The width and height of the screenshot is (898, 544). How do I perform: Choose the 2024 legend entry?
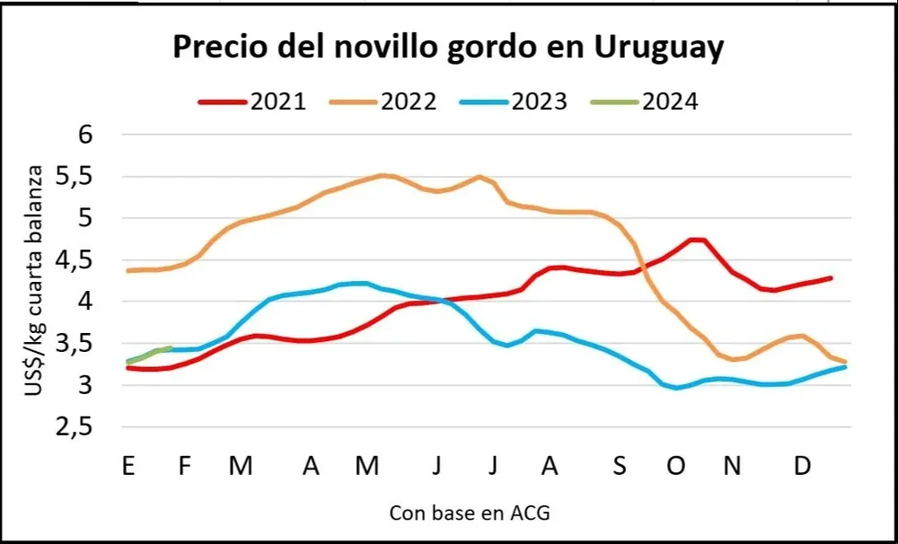tap(645, 101)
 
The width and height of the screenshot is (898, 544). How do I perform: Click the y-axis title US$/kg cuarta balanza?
tap(38, 281)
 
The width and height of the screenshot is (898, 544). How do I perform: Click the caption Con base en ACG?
tap(469, 513)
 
